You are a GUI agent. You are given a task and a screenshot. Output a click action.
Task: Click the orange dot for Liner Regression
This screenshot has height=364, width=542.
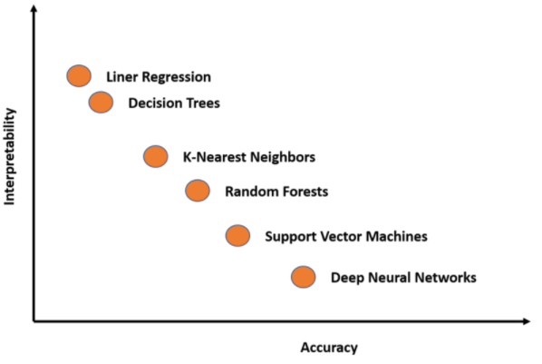click(x=79, y=75)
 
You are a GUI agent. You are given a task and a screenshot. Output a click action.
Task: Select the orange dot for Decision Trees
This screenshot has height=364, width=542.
click(x=101, y=103)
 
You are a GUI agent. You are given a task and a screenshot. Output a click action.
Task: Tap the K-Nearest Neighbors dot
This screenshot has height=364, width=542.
click(x=156, y=156)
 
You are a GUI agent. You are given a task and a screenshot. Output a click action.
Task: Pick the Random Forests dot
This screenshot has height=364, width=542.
click(x=198, y=191)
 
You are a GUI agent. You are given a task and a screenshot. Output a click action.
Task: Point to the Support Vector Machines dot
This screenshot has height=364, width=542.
click(x=237, y=235)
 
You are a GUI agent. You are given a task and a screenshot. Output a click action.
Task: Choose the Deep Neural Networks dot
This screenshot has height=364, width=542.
click(x=303, y=277)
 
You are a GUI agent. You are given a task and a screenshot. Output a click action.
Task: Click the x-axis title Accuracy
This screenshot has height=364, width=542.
click(x=329, y=348)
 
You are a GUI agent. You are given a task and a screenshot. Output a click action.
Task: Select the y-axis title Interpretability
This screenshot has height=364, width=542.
click(x=9, y=156)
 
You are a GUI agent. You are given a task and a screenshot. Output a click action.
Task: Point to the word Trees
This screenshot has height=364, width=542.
click(x=203, y=103)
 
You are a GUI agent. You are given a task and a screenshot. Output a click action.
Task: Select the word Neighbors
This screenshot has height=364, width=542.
click(x=283, y=157)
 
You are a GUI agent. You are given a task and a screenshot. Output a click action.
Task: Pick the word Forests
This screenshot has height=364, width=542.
click(x=305, y=192)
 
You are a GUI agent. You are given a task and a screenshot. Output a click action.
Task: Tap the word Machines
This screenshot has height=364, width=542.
click(x=397, y=236)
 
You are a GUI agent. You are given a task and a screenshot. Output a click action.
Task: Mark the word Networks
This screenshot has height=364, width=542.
click(x=445, y=278)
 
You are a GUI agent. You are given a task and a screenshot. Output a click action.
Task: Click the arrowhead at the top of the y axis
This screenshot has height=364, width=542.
click(x=34, y=8)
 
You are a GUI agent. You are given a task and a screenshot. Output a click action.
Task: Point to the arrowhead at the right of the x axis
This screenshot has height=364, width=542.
click(x=527, y=321)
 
